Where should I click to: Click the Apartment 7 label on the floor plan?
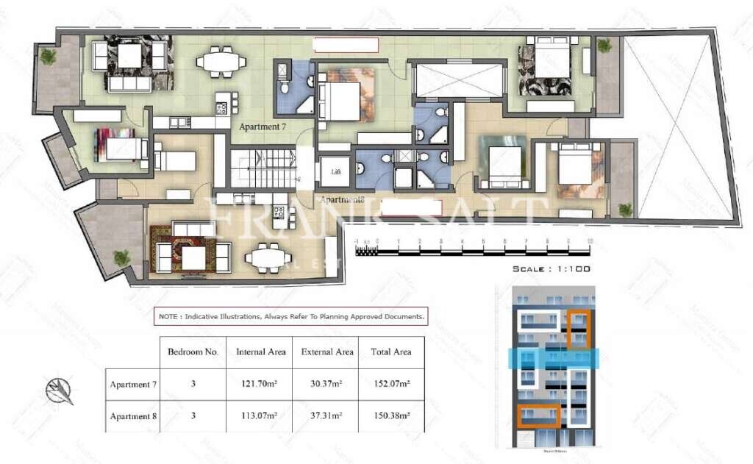[x=262, y=126]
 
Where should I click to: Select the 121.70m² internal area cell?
[x=261, y=384]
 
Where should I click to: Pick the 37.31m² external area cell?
[x=327, y=415]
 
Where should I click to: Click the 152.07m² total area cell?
[x=391, y=384]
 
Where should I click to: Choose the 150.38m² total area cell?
[x=391, y=415]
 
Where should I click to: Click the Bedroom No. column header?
[x=193, y=352]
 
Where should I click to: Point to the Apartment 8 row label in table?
[x=134, y=415]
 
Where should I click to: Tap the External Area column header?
[x=327, y=352]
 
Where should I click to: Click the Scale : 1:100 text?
[x=552, y=269]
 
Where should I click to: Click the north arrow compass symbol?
[x=61, y=390]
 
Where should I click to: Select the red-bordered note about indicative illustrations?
[x=290, y=317]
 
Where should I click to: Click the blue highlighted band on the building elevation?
[x=555, y=358]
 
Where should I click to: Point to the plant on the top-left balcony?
[x=49, y=56]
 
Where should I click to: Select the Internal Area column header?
[x=261, y=352]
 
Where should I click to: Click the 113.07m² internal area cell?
[x=261, y=415]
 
